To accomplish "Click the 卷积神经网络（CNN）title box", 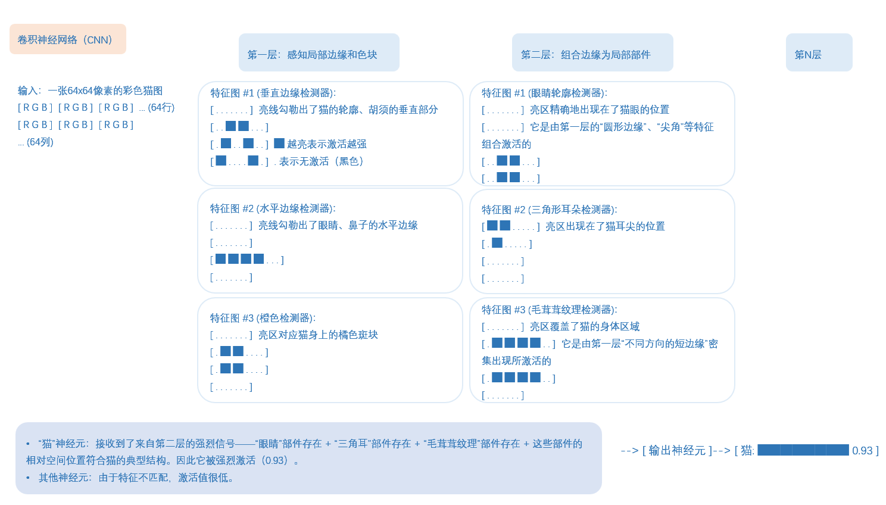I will click(67, 39).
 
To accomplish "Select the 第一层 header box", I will click(319, 53).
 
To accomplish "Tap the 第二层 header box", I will click(592, 53).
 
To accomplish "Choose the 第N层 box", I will click(819, 53).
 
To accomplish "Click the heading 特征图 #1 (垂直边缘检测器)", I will click(273, 93).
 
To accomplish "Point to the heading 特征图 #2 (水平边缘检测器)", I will click(273, 208).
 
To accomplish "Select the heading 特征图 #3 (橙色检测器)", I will click(263, 318).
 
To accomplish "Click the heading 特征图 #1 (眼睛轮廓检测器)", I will click(544, 93).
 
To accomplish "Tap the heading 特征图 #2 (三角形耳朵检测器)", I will click(549, 210).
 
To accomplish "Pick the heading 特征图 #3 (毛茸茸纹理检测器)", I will click(549, 310).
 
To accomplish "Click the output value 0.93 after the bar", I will click(862, 451).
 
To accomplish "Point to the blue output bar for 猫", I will click(803, 450).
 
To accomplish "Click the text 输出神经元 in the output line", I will click(677, 451).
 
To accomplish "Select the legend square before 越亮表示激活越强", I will click(279, 144).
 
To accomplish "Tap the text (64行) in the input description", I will click(161, 108).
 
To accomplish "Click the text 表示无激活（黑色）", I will click(321, 161).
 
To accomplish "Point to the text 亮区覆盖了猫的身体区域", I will click(585, 326).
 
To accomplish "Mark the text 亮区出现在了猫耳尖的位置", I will click(605, 226).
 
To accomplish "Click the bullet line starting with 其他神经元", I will click(136, 478).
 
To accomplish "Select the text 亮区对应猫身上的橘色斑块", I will click(318, 335).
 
